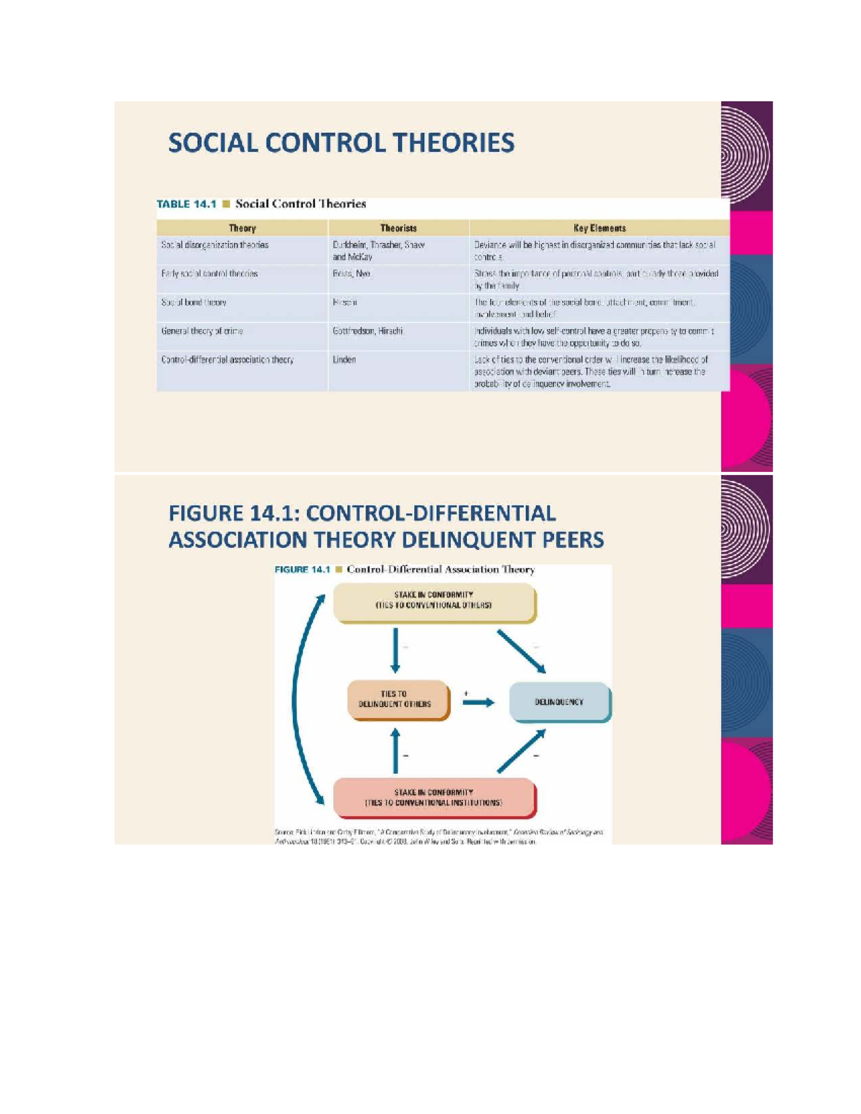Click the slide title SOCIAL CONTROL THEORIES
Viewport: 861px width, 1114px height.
(341, 143)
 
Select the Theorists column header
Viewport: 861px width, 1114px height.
(398, 228)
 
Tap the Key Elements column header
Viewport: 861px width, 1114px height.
(599, 228)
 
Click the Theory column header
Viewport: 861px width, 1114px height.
(242, 228)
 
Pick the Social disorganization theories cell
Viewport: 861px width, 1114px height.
(215, 245)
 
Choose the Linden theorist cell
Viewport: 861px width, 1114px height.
(344, 359)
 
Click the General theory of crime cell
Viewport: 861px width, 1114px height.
(202, 331)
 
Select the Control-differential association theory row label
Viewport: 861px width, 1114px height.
(227, 359)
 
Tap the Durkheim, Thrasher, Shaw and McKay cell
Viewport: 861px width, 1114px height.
(379, 250)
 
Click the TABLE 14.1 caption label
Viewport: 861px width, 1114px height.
(187, 204)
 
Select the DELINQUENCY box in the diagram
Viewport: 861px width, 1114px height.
(559, 702)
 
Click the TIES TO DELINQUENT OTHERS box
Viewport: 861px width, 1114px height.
(395, 699)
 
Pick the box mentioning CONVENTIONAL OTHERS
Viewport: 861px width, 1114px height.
(433, 600)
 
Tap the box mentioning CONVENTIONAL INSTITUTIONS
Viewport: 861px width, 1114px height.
(433, 798)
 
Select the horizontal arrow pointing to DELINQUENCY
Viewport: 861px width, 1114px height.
(478, 702)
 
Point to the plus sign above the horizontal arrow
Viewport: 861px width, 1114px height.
(466, 693)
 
